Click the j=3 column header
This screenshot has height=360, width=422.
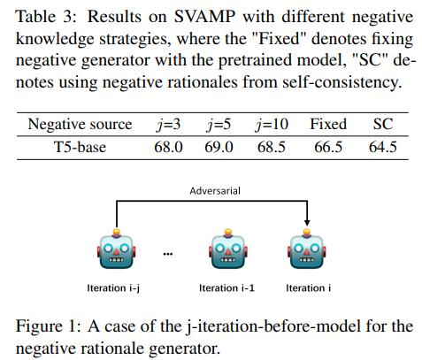168,125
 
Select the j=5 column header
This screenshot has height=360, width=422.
219,125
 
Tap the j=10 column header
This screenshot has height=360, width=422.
272,125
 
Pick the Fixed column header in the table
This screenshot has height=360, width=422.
328,124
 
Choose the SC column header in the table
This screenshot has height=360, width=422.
383,124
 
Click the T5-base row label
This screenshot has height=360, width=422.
80,147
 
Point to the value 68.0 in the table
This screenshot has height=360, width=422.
168,147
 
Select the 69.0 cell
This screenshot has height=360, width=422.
219,147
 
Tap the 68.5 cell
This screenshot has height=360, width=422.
272,147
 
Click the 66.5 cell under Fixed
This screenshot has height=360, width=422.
328,147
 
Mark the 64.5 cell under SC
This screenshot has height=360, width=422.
383,147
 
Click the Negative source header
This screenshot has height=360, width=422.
80,125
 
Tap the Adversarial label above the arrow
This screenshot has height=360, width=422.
215,191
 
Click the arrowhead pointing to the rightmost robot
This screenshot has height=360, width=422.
307,222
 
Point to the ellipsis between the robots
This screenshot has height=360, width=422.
168,254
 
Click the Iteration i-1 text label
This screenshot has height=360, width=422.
226,287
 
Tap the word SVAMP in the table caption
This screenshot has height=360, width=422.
204,16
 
